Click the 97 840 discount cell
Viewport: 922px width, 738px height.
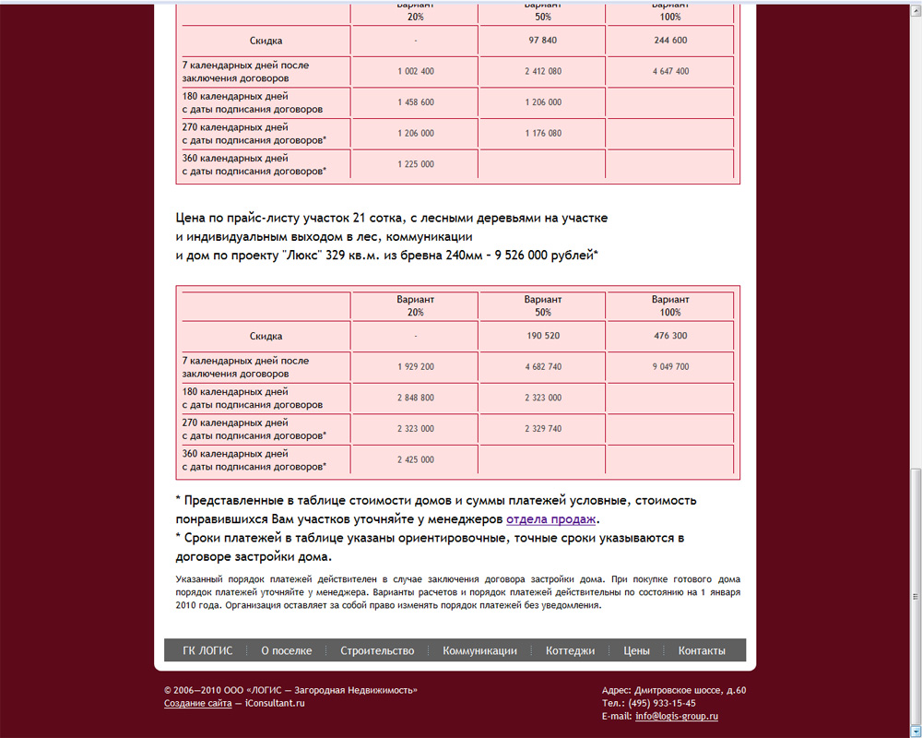click(x=543, y=41)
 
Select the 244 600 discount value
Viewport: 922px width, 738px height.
click(x=670, y=41)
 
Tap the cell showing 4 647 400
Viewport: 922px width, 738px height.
click(x=670, y=72)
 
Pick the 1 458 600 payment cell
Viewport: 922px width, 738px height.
click(x=416, y=102)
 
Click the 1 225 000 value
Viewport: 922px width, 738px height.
click(x=416, y=164)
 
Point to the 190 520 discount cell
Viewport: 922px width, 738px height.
click(x=543, y=336)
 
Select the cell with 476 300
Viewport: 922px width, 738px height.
click(x=670, y=336)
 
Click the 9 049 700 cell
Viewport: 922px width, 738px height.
click(x=670, y=367)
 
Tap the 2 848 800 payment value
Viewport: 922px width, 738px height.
click(x=416, y=398)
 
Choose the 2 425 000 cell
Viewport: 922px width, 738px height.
click(x=416, y=459)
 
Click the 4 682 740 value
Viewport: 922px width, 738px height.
click(x=543, y=367)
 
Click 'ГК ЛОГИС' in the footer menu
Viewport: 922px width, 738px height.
click(x=207, y=650)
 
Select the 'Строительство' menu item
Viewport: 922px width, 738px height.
click(x=377, y=650)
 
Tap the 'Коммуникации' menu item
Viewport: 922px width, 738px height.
click(x=479, y=650)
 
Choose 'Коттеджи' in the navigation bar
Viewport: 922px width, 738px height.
click(x=570, y=650)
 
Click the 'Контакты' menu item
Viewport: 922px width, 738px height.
click(x=702, y=650)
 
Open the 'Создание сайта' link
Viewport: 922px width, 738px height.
click(x=197, y=703)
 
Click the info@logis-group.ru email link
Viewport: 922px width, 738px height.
click(x=677, y=716)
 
